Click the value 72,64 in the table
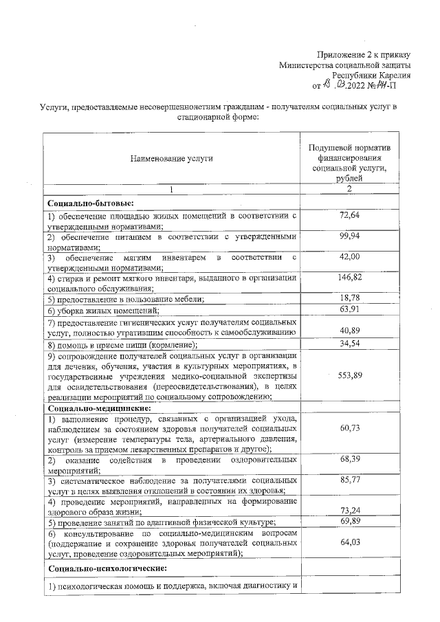(x=350, y=216)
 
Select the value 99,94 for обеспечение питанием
(x=350, y=236)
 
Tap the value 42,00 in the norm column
(x=350, y=256)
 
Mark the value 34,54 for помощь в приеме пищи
(x=350, y=343)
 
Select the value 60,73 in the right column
(x=350, y=428)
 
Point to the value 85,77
(x=350, y=479)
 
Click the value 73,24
(x=350, y=511)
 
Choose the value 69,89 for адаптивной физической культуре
(x=350, y=522)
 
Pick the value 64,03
(x=350, y=544)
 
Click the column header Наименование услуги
(x=172, y=159)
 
